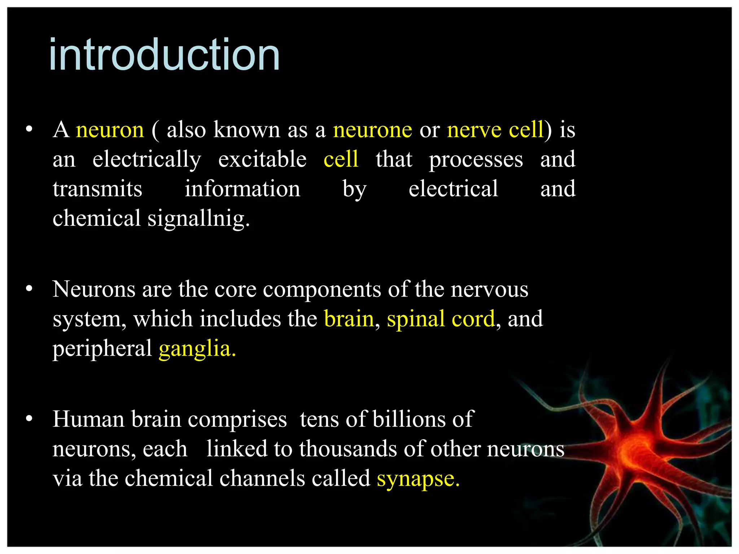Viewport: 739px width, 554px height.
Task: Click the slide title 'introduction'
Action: click(x=164, y=55)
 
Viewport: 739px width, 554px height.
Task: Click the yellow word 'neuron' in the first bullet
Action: click(x=110, y=130)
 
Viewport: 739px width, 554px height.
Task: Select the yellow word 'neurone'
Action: click(x=372, y=130)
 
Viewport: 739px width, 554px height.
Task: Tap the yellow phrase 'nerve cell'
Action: click(x=495, y=130)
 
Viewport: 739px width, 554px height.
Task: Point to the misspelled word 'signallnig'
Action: click(x=198, y=219)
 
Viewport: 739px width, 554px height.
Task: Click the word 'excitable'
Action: click(x=262, y=159)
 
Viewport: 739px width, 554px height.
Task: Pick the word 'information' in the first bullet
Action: click(x=242, y=189)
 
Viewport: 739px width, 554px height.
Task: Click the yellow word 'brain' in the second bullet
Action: click(x=349, y=319)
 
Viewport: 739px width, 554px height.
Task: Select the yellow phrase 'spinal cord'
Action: click(x=441, y=319)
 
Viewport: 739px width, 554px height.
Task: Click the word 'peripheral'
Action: click(x=102, y=349)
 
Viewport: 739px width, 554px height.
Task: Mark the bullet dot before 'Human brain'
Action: click(x=29, y=419)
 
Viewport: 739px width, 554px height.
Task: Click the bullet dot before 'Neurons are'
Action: click(x=29, y=289)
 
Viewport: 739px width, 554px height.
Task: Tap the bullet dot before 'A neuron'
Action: click(x=29, y=129)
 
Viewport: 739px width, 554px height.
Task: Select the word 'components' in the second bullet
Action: click(x=322, y=290)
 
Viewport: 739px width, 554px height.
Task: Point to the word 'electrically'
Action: click(x=147, y=159)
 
